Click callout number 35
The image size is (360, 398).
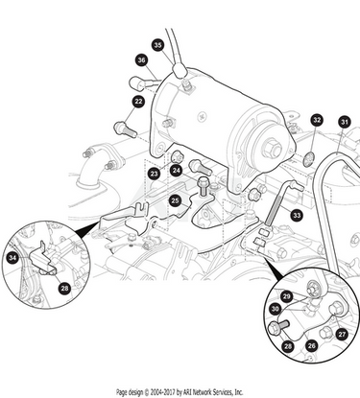coord(158,45)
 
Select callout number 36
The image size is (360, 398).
coord(141,60)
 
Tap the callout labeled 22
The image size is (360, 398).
coord(138,102)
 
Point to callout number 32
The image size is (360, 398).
coord(317,120)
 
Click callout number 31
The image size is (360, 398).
coord(344,122)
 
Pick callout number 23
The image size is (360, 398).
coord(155,174)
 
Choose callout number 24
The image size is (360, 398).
coord(177,171)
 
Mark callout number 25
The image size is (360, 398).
coord(175,200)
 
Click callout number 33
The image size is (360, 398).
coord(297,215)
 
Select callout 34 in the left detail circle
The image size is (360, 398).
coord(12,258)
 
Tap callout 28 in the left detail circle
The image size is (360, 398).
coord(64,289)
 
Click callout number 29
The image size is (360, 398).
coord(286,296)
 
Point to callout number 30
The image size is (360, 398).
coord(275,309)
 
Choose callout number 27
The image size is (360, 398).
coord(342,335)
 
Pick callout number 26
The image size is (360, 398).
coord(311,346)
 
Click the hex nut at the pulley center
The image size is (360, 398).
coord(271,149)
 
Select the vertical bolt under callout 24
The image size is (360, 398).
coord(203,186)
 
